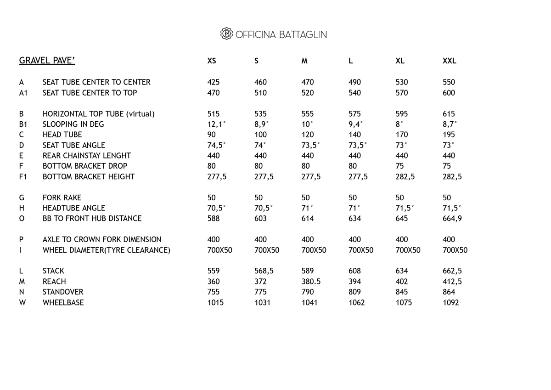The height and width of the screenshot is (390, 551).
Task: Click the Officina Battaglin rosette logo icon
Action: click(x=226, y=34)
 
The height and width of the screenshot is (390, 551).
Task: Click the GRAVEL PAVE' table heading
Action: click(x=47, y=61)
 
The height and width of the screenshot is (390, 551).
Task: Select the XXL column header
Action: click(x=449, y=61)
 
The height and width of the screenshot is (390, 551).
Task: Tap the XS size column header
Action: click(x=212, y=61)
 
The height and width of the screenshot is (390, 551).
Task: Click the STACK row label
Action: click(x=53, y=271)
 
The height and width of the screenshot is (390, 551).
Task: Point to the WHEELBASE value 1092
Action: click(x=450, y=303)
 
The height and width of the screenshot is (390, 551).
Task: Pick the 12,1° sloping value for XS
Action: click(x=216, y=124)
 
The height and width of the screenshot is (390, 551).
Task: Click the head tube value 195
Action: click(x=449, y=135)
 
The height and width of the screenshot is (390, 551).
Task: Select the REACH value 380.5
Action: click(x=311, y=282)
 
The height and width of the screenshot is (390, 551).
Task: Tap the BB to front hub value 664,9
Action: click(x=452, y=219)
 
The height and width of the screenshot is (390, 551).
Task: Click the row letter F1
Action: click(x=23, y=177)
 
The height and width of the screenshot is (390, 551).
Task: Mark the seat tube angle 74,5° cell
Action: click(x=216, y=146)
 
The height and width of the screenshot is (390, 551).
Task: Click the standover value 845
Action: click(x=402, y=292)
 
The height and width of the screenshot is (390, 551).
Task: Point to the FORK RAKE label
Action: click(x=62, y=198)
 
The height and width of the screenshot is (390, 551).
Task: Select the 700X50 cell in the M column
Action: click(x=314, y=250)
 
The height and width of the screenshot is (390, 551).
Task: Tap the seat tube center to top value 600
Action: click(x=449, y=93)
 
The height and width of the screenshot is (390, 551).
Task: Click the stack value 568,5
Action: click(x=264, y=271)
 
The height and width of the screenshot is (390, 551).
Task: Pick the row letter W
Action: click(x=22, y=303)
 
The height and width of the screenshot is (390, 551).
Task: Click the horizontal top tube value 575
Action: click(x=355, y=114)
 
